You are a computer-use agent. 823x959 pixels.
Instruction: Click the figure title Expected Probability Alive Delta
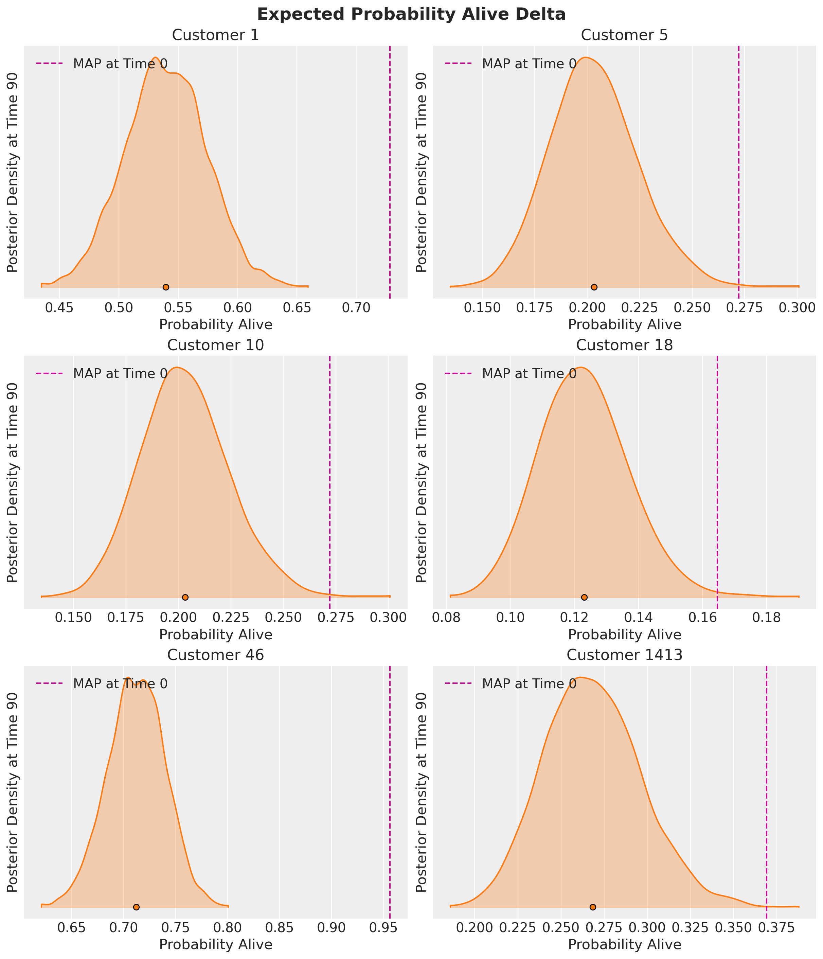pos(411,14)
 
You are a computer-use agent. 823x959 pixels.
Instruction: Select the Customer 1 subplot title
pos(215,35)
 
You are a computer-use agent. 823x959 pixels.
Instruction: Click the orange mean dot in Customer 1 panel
pos(166,287)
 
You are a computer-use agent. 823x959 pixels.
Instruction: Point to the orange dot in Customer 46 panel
pos(136,906)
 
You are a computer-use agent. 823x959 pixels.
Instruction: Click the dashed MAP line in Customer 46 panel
pos(390,787)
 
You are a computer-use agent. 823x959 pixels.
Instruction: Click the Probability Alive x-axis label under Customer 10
pos(215,635)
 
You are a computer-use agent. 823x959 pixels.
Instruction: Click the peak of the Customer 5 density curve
pos(586,57)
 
